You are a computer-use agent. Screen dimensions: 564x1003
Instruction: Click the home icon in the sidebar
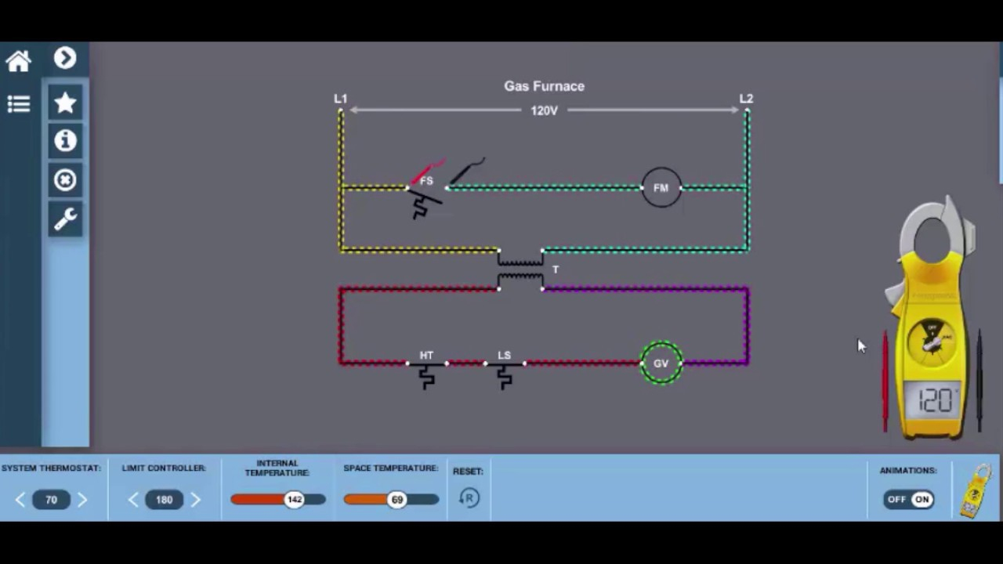tap(18, 61)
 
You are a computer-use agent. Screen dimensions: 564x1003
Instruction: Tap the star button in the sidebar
tap(65, 103)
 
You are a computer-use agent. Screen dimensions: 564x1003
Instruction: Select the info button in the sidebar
tap(65, 141)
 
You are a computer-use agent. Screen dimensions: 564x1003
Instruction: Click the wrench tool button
tap(65, 219)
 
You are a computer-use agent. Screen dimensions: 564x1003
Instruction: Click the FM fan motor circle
tap(661, 188)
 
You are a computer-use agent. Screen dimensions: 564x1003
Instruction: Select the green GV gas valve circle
tap(661, 363)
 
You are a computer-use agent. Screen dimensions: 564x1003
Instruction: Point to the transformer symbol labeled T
tap(520, 269)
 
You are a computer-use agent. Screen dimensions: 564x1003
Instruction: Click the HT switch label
tap(426, 356)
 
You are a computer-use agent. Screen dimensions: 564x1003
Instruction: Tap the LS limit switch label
tap(504, 356)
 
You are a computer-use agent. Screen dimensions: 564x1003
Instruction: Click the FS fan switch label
tap(426, 181)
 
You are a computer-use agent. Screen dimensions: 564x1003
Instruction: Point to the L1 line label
tap(340, 99)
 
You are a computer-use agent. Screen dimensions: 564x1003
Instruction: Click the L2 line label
tap(746, 99)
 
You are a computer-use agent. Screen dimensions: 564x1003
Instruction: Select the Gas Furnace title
tap(544, 86)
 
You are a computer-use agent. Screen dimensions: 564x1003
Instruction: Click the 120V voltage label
tap(544, 111)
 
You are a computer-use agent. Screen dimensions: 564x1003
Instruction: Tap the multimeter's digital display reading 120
tap(932, 401)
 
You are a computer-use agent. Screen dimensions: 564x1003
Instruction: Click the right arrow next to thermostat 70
tap(82, 500)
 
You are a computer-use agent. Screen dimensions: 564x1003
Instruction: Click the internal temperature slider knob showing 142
tap(295, 500)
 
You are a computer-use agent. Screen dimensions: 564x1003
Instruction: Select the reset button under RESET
tap(469, 498)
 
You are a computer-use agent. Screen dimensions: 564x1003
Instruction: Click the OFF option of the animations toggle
tap(897, 499)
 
